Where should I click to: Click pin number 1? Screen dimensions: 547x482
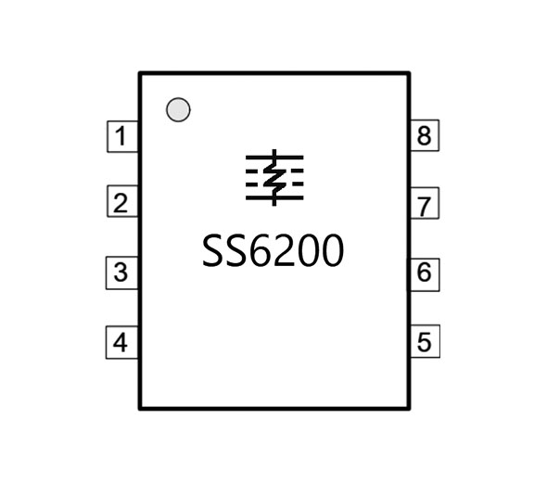coord(122,136)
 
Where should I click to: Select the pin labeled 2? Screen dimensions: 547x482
coord(122,201)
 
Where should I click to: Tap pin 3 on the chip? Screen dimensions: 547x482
coord(121,273)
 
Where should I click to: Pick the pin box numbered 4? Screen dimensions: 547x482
coord(121,342)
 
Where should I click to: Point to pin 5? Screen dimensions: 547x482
coord(425,341)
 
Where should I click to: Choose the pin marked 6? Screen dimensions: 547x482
coord(425,274)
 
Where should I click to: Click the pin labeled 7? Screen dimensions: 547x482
coord(425,203)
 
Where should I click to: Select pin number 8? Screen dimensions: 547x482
coord(425,135)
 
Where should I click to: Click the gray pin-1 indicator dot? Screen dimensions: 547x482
coord(178,110)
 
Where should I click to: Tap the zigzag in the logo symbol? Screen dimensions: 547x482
coord(274,178)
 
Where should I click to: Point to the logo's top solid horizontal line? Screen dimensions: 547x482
coord(274,158)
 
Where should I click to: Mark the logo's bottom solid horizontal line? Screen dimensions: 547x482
coord(274,198)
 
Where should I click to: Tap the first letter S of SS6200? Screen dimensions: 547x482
coord(214,251)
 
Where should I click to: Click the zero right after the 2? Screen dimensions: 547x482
coord(309,251)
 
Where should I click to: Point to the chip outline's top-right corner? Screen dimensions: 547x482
coord(409,73)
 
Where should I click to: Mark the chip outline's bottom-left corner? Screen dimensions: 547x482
coord(140,408)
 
